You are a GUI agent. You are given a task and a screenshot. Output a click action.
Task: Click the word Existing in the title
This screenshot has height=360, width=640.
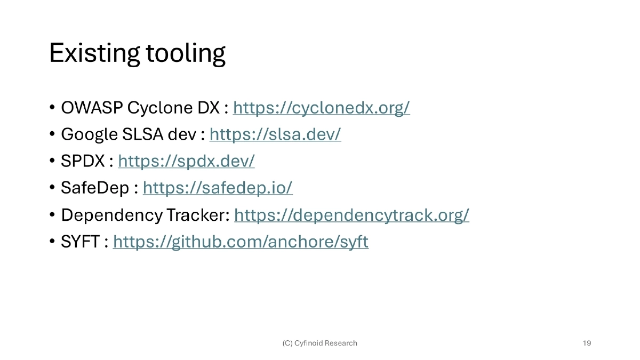point(94,53)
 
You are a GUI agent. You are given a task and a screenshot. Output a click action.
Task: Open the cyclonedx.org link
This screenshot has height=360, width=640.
point(321,108)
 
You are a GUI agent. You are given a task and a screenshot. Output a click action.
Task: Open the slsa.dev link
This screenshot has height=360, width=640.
point(275,134)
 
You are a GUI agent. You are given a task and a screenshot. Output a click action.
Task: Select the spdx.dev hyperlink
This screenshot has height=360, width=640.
point(186,161)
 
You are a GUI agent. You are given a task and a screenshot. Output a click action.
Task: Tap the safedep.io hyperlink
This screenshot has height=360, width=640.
point(218,188)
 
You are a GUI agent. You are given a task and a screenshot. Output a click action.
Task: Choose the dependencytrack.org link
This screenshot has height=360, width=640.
point(351,215)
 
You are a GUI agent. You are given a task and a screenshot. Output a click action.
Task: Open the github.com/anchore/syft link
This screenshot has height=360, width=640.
point(241,242)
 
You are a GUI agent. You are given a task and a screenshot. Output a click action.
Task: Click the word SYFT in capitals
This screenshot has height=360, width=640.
point(80,242)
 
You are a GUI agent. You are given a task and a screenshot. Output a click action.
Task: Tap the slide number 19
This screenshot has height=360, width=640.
point(587,343)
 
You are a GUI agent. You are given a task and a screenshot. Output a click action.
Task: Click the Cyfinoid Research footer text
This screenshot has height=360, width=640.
point(319,343)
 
